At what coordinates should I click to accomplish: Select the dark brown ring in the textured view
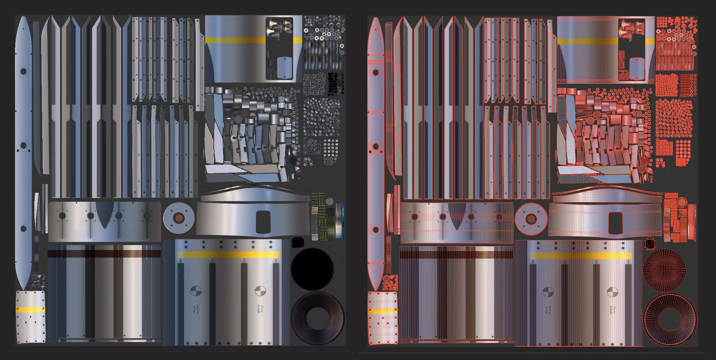[317, 304]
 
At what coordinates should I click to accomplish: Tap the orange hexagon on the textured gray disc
[178, 217]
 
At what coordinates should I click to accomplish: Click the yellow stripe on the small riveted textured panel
[30, 309]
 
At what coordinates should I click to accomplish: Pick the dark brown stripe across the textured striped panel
[104, 254]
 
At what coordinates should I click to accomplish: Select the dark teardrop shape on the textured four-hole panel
[104, 215]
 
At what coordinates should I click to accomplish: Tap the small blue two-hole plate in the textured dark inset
[285, 67]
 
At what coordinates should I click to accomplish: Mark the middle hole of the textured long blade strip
[24, 145]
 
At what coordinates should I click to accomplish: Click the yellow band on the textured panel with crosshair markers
[228, 255]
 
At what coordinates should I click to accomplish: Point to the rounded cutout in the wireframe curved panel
[615, 219]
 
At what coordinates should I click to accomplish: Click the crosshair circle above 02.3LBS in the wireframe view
[612, 292]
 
